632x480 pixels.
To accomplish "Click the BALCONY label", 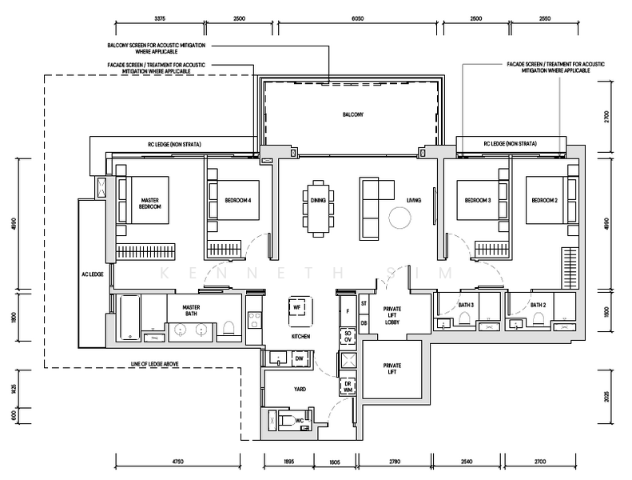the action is [x=353, y=114].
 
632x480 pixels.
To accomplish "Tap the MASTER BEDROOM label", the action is [x=150, y=203].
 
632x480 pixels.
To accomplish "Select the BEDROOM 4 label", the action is [x=238, y=200].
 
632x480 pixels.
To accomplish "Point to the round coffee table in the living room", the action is [x=399, y=218].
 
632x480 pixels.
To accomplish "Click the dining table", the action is [x=319, y=209].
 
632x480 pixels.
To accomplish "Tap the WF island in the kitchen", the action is [x=300, y=311].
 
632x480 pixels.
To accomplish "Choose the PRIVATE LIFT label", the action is [x=392, y=369].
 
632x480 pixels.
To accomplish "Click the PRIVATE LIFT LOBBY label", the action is [x=392, y=315].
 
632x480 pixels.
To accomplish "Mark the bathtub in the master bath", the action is [x=129, y=318].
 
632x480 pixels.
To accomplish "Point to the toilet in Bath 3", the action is [x=465, y=318].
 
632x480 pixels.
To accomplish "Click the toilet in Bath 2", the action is [x=538, y=318].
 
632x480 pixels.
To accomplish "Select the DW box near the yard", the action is [x=300, y=358].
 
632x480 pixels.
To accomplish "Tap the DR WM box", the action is [x=348, y=386].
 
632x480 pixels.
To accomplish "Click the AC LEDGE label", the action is [x=93, y=274].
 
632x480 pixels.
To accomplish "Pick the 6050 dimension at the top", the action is [x=357, y=18].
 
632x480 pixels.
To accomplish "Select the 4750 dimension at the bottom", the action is [x=177, y=462].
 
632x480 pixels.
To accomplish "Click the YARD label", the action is [x=300, y=389].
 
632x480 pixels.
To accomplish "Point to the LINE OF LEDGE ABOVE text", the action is [x=155, y=364].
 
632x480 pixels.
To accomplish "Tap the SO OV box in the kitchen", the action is [x=348, y=337].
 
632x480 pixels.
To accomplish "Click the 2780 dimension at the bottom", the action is [x=395, y=462].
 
